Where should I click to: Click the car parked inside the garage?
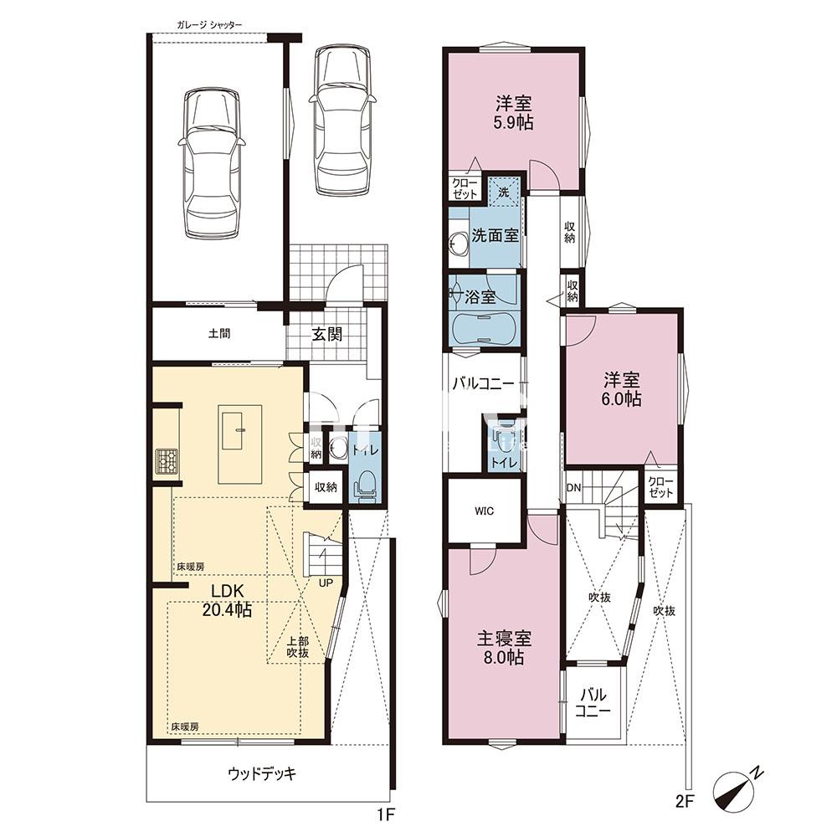212,163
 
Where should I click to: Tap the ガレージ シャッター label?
210,25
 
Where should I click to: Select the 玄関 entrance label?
326,335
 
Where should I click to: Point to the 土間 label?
218,334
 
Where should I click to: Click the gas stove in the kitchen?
167,461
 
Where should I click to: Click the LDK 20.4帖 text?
227,600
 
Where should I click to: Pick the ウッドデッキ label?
261,773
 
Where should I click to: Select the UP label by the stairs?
326,583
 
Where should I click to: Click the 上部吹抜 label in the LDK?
298,647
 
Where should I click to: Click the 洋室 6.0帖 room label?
621,390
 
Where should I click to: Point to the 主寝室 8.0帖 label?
503,648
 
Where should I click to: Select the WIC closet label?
484,511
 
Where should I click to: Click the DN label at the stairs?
573,488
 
